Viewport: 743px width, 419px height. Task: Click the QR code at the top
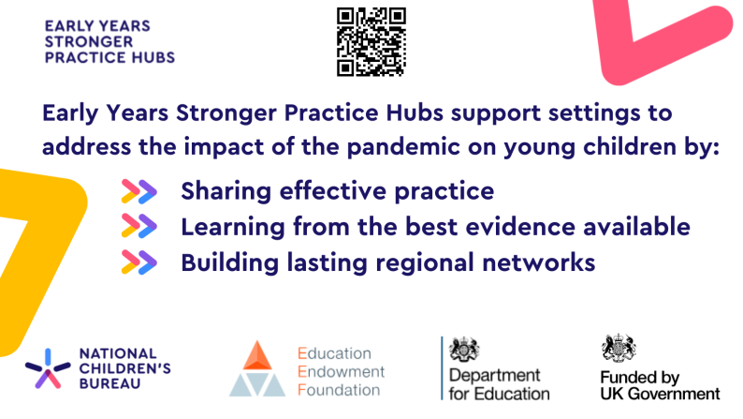(x=371, y=40)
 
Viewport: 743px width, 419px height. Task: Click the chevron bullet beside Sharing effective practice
(x=138, y=192)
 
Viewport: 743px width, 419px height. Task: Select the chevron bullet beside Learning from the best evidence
(x=138, y=227)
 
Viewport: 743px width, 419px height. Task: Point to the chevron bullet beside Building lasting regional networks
(x=138, y=262)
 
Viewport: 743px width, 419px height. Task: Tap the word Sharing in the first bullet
(x=221, y=192)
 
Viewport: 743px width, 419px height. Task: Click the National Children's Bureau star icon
(x=44, y=367)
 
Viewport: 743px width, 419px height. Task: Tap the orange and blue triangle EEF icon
(x=256, y=369)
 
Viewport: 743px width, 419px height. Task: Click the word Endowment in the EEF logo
(x=334, y=371)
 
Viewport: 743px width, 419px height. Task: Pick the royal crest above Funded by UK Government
(x=618, y=348)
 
